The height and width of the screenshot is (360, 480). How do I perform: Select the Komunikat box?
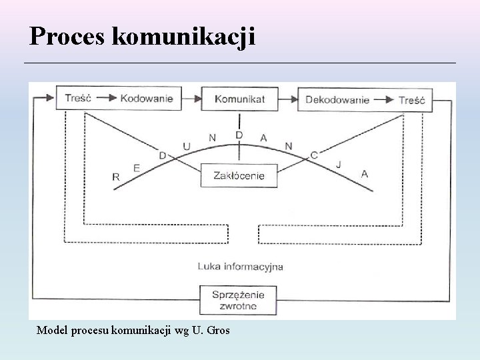tap(239, 99)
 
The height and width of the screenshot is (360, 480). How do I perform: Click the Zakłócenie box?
tap(239, 176)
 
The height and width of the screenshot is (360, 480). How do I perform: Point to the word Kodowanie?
tap(146, 99)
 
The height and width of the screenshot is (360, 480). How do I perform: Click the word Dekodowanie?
tap(337, 99)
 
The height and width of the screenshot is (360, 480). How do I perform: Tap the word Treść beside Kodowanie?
tap(78, 99)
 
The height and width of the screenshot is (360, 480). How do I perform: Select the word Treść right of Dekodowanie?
tap(412, 99)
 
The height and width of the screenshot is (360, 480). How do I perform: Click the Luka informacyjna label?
tap(240, 266)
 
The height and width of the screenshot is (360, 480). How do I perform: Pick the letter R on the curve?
tap(116, 177)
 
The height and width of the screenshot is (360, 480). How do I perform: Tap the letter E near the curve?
tap(137, 168)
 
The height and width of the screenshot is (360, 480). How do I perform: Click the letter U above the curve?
tap(187, 145)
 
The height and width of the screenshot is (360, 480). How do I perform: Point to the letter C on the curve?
tap(314, 155)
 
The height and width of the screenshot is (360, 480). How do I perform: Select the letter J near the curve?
tap(339, 163)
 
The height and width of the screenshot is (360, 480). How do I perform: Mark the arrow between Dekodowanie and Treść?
tap(384, 99)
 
